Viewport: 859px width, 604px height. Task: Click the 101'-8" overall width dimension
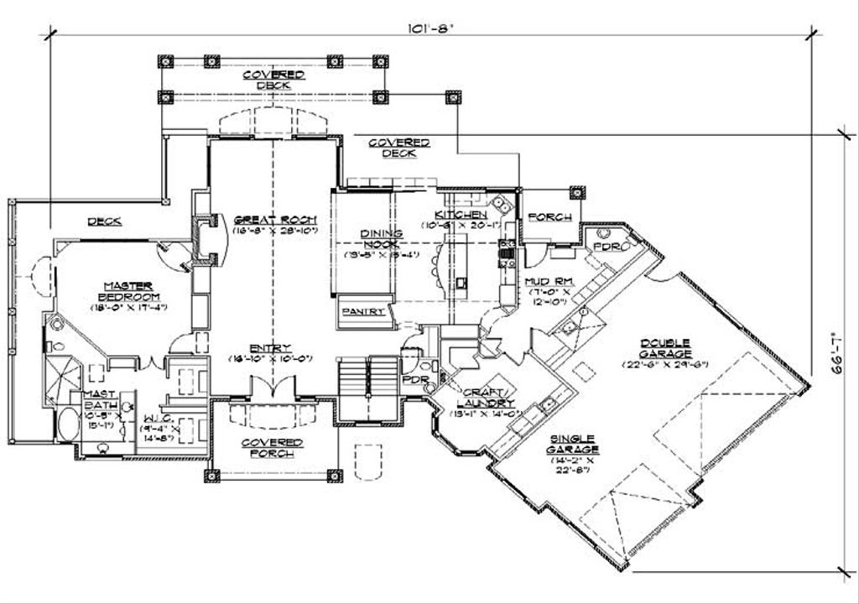[x=430, y=27]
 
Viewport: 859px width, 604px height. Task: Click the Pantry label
[x=363, y=311]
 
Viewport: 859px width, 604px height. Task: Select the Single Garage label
[x=574, y=444]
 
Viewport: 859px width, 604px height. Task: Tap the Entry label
[x=270, y=348]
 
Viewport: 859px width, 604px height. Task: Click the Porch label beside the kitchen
[x=549, y=217]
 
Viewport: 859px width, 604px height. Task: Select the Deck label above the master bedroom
[x=105, y=221]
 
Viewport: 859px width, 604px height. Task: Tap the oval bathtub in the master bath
[x=66, y=427]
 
